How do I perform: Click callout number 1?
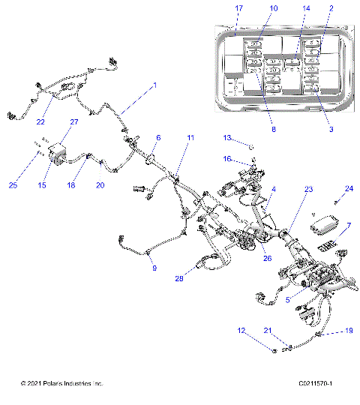[154, 85]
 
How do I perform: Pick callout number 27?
[74, 121]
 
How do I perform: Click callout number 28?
[179, 279]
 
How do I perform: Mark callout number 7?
[348, 226]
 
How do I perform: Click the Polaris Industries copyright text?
[61, 383]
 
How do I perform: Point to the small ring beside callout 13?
[250, 145]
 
